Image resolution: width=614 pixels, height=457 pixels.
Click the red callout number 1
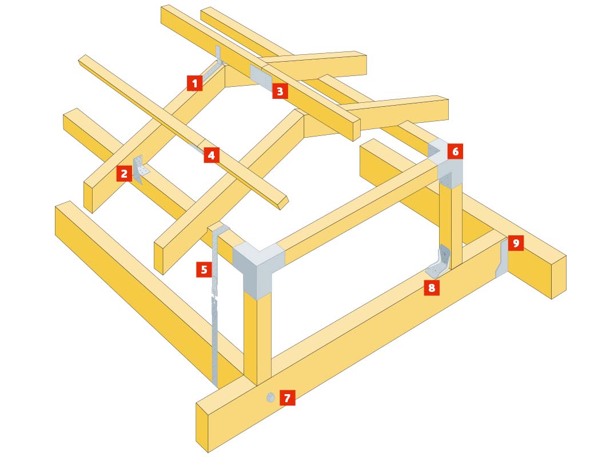[194, 83]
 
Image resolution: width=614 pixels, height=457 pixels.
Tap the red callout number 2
[124, 173]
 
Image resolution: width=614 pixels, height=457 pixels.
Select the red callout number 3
[280, 91]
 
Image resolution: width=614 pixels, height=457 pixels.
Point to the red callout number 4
[212, 155]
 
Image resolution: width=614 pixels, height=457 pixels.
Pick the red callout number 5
[204, 269]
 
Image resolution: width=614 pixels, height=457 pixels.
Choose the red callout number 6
[455, 151]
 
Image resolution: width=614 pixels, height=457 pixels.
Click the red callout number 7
[288, 398]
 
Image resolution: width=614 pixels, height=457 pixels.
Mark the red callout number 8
[432, 287]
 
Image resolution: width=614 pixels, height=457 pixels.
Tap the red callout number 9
[516, 243]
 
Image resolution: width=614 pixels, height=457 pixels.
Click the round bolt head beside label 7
[270, 398]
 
